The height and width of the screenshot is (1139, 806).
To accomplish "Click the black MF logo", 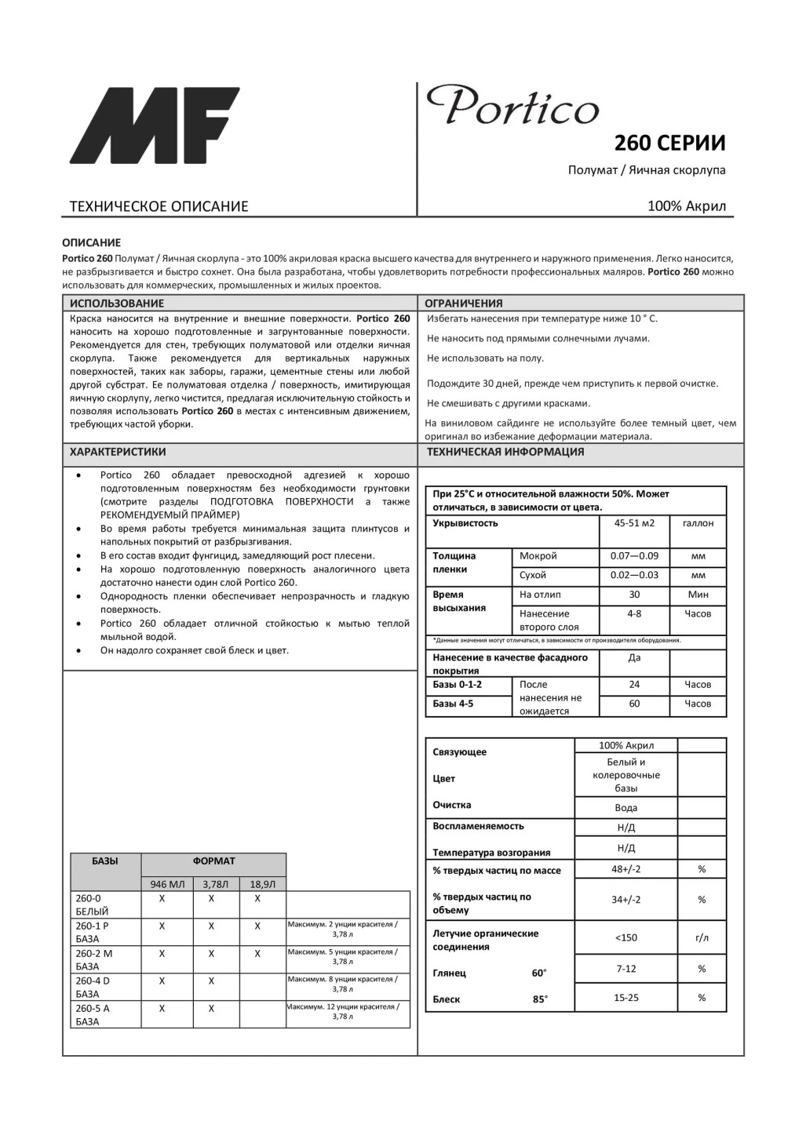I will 154,126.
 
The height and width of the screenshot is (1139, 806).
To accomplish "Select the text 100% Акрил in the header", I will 687,206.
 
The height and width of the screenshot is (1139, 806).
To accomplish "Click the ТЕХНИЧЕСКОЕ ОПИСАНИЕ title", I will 159,206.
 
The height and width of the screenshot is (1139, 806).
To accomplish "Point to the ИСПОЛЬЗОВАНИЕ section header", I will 117,304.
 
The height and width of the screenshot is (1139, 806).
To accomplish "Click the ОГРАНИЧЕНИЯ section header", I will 464,304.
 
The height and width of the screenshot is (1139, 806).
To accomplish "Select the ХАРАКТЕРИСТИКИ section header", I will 118,452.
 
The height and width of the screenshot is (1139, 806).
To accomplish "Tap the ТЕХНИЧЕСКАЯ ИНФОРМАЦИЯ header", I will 505,452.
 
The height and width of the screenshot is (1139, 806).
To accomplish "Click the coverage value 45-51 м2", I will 634,523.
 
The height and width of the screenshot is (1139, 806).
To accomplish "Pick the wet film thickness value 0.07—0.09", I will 634,556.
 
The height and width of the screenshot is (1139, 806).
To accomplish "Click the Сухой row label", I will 533,575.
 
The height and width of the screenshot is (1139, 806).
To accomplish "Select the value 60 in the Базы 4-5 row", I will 634,704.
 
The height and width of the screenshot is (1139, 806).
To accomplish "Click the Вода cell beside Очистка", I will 625,808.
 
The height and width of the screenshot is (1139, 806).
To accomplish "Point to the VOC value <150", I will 625,938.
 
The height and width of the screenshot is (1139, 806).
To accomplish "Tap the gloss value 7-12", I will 625,969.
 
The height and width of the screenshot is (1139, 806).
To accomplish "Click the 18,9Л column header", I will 262,884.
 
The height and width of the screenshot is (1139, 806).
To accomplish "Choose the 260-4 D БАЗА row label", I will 93,987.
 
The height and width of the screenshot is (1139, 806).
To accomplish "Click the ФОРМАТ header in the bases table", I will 213,861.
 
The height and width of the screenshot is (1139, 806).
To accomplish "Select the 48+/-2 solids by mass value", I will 625,869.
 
